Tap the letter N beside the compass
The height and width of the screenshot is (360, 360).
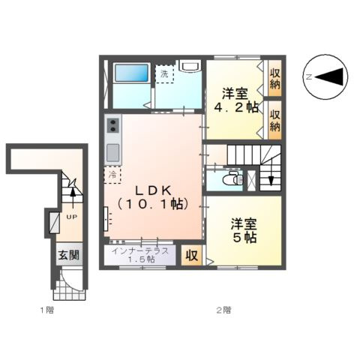[x=307, y=76]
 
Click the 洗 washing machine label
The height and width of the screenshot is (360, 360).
[x=164, y=73]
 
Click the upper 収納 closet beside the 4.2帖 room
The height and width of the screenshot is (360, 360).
[x=274, y=77]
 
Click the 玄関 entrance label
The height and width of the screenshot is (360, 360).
[x=68, y=255]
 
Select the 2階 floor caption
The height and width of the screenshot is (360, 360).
[x=223, y=309]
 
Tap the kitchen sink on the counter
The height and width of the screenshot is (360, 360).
[x=112, y=151]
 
